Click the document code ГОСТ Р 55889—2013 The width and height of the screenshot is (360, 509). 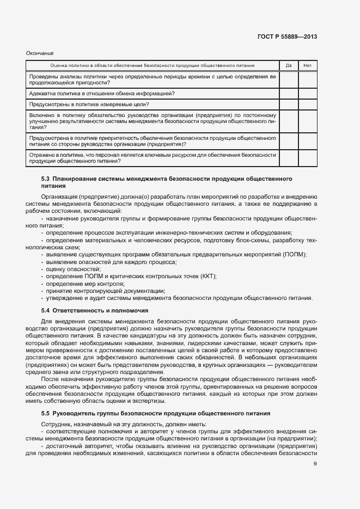pos(288,36)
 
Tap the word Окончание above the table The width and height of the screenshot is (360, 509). pos(40,53)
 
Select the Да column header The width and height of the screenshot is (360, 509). pos(288,66)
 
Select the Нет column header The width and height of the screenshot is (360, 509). pos(307,66)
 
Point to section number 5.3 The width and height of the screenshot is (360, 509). pos(46,179)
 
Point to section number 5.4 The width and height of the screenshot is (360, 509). pos(46,310)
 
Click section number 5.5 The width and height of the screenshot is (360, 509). pos(46,414)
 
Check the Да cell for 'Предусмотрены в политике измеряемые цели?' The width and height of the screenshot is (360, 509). pos(288,105)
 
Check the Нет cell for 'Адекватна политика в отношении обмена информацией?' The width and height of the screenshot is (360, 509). pos(307,94)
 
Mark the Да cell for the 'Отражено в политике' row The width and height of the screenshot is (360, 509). pos(288,158)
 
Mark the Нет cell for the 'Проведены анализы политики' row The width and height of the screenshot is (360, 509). pos(307,80)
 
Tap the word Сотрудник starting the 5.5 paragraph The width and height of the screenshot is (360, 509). pos(58,425)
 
